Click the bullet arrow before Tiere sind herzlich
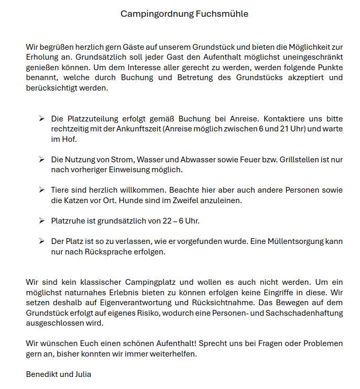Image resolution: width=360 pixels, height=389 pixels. [41, 190]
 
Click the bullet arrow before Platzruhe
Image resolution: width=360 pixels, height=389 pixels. [41, 220]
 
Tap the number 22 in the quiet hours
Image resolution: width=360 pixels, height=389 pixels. [167, 221]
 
